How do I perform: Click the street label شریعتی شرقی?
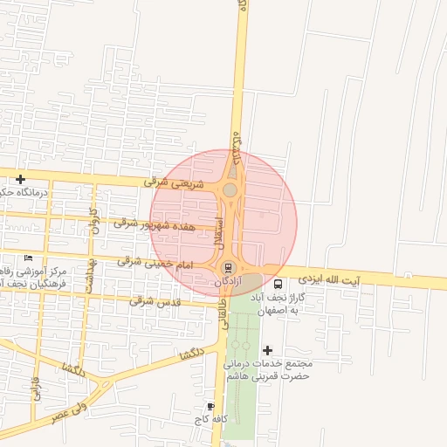(176, 184)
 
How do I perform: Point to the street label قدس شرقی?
(155, 301)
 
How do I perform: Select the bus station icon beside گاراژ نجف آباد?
(278, 284)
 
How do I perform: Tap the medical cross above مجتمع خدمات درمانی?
(267, 350)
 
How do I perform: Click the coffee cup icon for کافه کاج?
(210, 407)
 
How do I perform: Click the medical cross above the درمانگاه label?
(20, 179)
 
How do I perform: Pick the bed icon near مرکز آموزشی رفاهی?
(29, 258)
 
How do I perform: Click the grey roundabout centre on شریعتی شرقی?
(230, 189)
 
